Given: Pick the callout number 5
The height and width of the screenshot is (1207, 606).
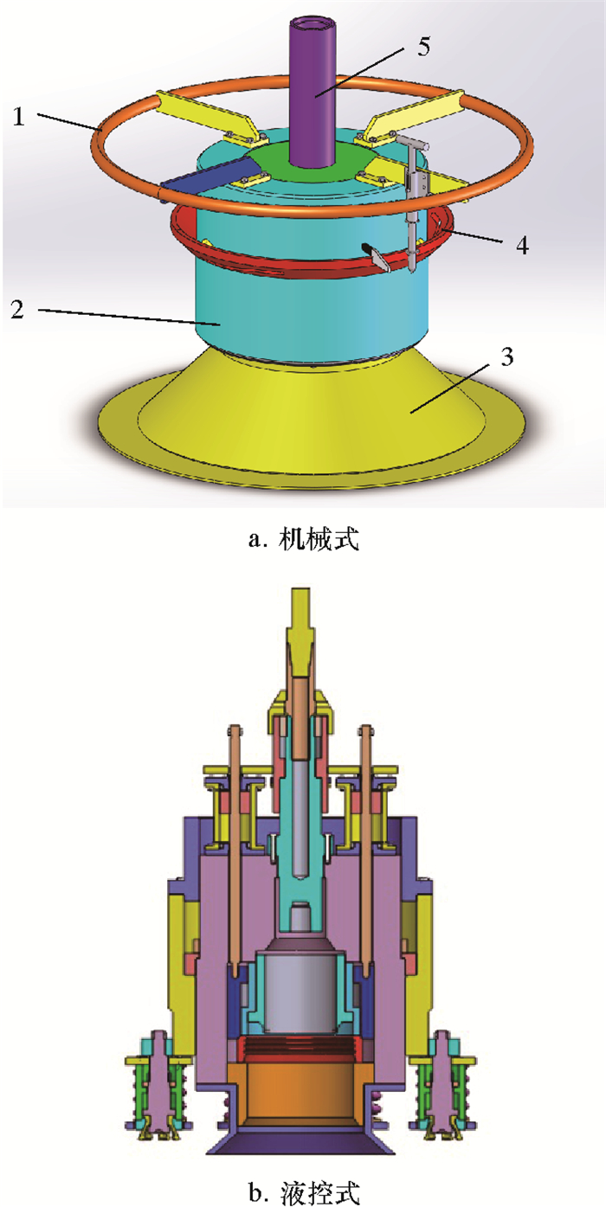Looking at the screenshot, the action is click(423, 47).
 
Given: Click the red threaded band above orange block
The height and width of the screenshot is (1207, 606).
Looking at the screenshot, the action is click(300, 1048).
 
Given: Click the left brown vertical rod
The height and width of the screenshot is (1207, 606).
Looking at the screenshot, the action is click(235, 848).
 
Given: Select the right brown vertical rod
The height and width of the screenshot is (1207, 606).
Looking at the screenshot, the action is click(367, 848).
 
